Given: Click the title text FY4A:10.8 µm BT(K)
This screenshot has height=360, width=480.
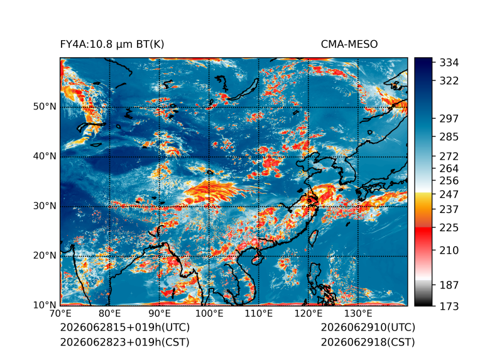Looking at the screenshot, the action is [x=112, y=45].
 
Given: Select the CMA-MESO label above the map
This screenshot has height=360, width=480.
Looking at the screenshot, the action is [x=349, y=45].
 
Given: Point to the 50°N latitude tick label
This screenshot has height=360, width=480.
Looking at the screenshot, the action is [x=45, y=107].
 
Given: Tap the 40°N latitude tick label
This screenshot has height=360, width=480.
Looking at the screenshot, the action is [x=45, y=156].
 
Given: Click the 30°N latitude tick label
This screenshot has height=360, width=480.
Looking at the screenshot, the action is [x=45, y=205].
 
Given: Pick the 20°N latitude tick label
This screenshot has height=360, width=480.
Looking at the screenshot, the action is [x=45, y=255].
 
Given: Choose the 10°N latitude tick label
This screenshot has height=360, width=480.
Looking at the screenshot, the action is [x=45, y=305].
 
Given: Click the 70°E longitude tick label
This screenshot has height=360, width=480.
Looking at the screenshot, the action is [x=60, y=314].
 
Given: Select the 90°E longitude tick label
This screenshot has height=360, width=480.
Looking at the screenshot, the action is [x=160, y=314].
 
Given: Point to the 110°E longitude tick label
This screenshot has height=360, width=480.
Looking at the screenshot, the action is [x=259, y=314].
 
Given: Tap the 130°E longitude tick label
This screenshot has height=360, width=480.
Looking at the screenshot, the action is [x=358, y=314].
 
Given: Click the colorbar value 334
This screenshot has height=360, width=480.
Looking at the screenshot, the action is [x=449, y=63].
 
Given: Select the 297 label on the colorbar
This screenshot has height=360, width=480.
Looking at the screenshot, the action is [x=449, y=119].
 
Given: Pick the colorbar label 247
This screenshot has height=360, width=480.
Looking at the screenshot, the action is [x=449, y=194].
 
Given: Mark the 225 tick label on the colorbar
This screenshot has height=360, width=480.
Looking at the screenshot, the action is [x=449, y=228].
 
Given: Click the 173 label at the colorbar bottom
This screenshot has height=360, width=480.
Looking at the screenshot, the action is [x=449, y=306].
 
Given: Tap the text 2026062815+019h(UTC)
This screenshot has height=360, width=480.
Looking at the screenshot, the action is [x=125, y=327].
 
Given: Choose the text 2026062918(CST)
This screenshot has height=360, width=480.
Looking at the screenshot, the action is [x=368, y=342].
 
